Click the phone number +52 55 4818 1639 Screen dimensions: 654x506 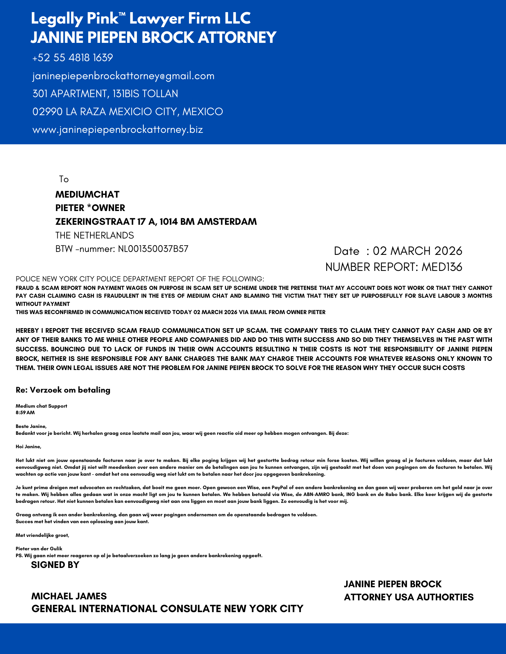73,58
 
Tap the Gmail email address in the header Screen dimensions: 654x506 123,76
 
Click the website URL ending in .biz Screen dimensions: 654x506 118,130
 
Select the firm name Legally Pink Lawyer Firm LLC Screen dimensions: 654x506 141,18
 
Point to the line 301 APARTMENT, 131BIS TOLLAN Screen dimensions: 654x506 105,94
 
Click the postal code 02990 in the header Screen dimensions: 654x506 47,112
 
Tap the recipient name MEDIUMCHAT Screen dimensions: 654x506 87,195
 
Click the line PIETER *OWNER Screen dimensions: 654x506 90,208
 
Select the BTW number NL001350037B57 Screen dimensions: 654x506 153,249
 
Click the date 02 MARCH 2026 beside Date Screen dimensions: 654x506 418,251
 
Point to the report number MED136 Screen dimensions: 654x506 442,267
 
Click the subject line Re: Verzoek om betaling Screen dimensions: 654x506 63,390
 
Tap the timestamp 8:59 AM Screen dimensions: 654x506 25,413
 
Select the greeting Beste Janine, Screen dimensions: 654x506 31,426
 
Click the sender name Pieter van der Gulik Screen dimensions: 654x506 39,548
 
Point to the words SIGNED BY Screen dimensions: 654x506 55,565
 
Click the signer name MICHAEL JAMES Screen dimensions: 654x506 69,596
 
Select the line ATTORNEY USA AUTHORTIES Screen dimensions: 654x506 409,597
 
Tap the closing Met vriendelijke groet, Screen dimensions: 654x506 43,535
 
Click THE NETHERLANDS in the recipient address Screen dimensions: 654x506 95,235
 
